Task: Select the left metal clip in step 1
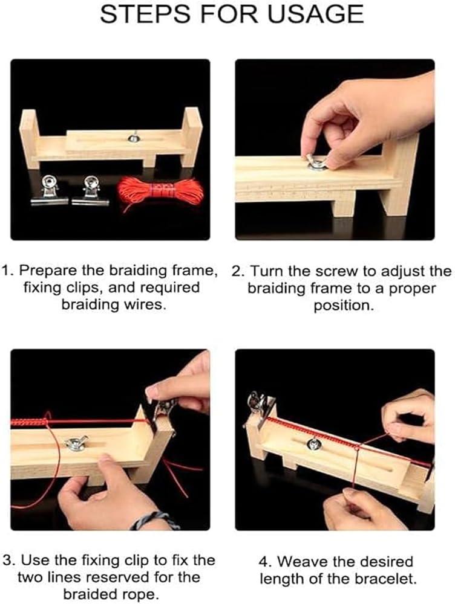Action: point(50,190)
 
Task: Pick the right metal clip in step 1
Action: point(91,190)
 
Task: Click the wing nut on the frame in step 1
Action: point(134,137)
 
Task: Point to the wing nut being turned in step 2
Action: point(316,162)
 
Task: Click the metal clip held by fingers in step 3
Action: point(163,412)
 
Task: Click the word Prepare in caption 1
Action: point(48,271)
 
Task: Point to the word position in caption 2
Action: point(344,306)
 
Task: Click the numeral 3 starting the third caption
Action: point(7,560)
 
